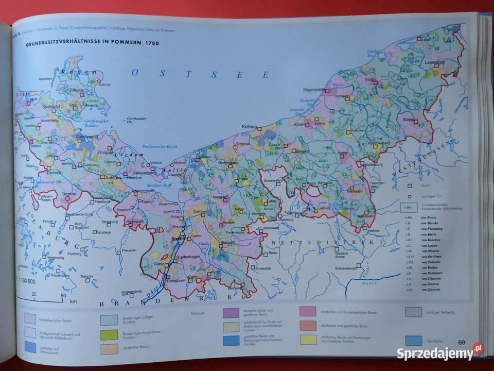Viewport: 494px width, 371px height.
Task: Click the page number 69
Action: click(x=461, y=342)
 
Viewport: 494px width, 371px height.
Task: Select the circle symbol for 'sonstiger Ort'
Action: click(x=410, y=196)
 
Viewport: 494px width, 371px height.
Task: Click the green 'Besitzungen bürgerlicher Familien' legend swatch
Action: click(x=109, y=335)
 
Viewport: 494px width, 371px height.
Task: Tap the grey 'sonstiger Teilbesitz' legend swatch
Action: click(x=413, y=312)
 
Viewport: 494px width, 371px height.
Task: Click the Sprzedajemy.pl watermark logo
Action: click(x=440, y=352)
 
